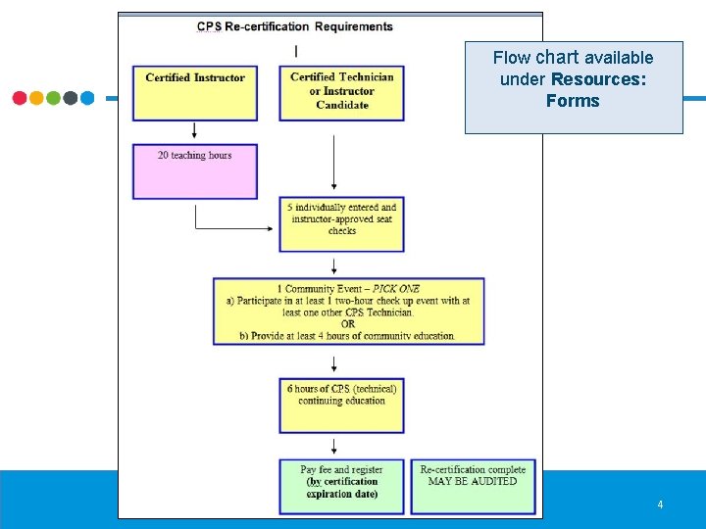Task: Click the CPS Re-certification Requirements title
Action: tap(295, 26)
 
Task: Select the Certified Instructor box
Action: tap(195, 93)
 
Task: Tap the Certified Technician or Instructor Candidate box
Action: tap(341, 93)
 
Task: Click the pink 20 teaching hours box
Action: tap(195, 171)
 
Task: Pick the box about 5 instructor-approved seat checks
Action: tap(341, 223)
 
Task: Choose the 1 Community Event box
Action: tap(348, 312)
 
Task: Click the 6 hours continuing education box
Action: tap(341, 406)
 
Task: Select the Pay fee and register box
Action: tap(341, 486)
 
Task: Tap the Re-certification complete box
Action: tap(473, 486)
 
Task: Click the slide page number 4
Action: tap(660, 505)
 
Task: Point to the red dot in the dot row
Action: tap(20, 98)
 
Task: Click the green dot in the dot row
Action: tap(53, 98)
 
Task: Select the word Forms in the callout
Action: tap(573, 101)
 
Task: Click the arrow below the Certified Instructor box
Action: tap(195, 131)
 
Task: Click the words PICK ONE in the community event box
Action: tap(396, 289)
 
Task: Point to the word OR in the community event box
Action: tap(348, 324)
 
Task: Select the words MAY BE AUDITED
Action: tap(473, 481)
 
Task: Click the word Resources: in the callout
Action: tap(599, 79)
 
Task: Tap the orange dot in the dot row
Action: tap(36, 98)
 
